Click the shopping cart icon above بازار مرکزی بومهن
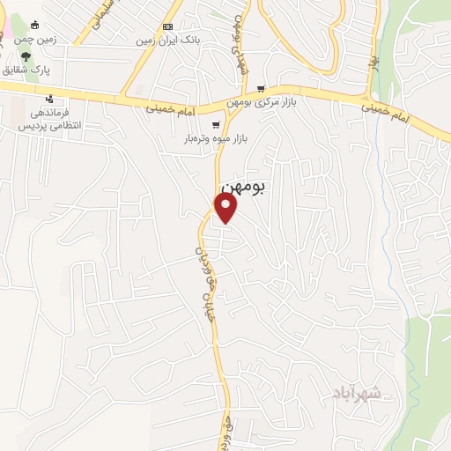261,89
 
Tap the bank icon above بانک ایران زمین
166,26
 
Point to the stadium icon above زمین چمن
34,26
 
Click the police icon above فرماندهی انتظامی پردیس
51,99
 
